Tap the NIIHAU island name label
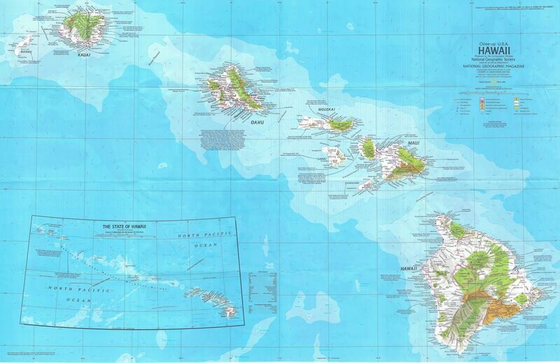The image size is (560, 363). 25,50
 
